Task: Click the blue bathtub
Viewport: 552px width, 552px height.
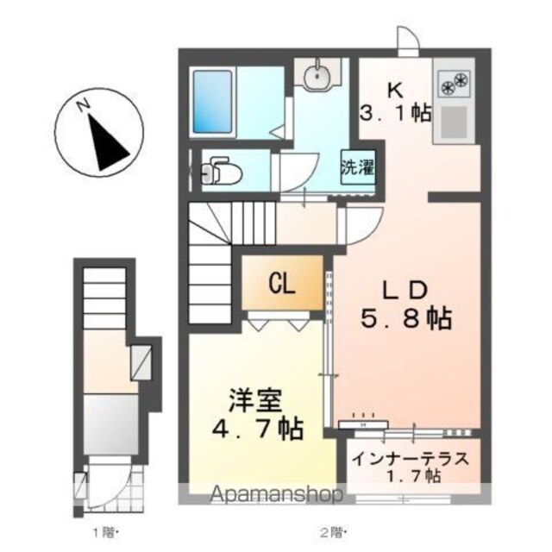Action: point(213,102)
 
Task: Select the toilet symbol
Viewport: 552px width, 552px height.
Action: point(221,171)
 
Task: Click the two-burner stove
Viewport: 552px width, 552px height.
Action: point(454,84)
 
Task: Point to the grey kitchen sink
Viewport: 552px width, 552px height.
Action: point(454,122)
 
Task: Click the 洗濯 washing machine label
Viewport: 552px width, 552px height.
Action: point(357,167)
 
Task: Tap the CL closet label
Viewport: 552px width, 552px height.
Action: point(282,284)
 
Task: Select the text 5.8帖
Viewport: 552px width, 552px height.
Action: point(405,318)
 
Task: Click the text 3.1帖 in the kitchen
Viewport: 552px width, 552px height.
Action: point(395,113)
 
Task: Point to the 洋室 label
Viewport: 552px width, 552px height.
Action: point(255,400)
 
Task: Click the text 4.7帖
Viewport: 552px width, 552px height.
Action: point(257,428)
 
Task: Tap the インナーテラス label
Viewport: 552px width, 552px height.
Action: point(411,459)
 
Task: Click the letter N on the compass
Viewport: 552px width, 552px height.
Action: point(83,105)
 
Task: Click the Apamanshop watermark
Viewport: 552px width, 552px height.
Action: point(276,494)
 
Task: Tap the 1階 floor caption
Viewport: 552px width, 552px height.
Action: point(104,533)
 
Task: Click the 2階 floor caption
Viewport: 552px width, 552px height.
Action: point(333,533)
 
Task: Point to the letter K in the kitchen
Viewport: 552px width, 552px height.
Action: point(395,91)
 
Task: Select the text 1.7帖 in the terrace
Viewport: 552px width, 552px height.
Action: point(414,476)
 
